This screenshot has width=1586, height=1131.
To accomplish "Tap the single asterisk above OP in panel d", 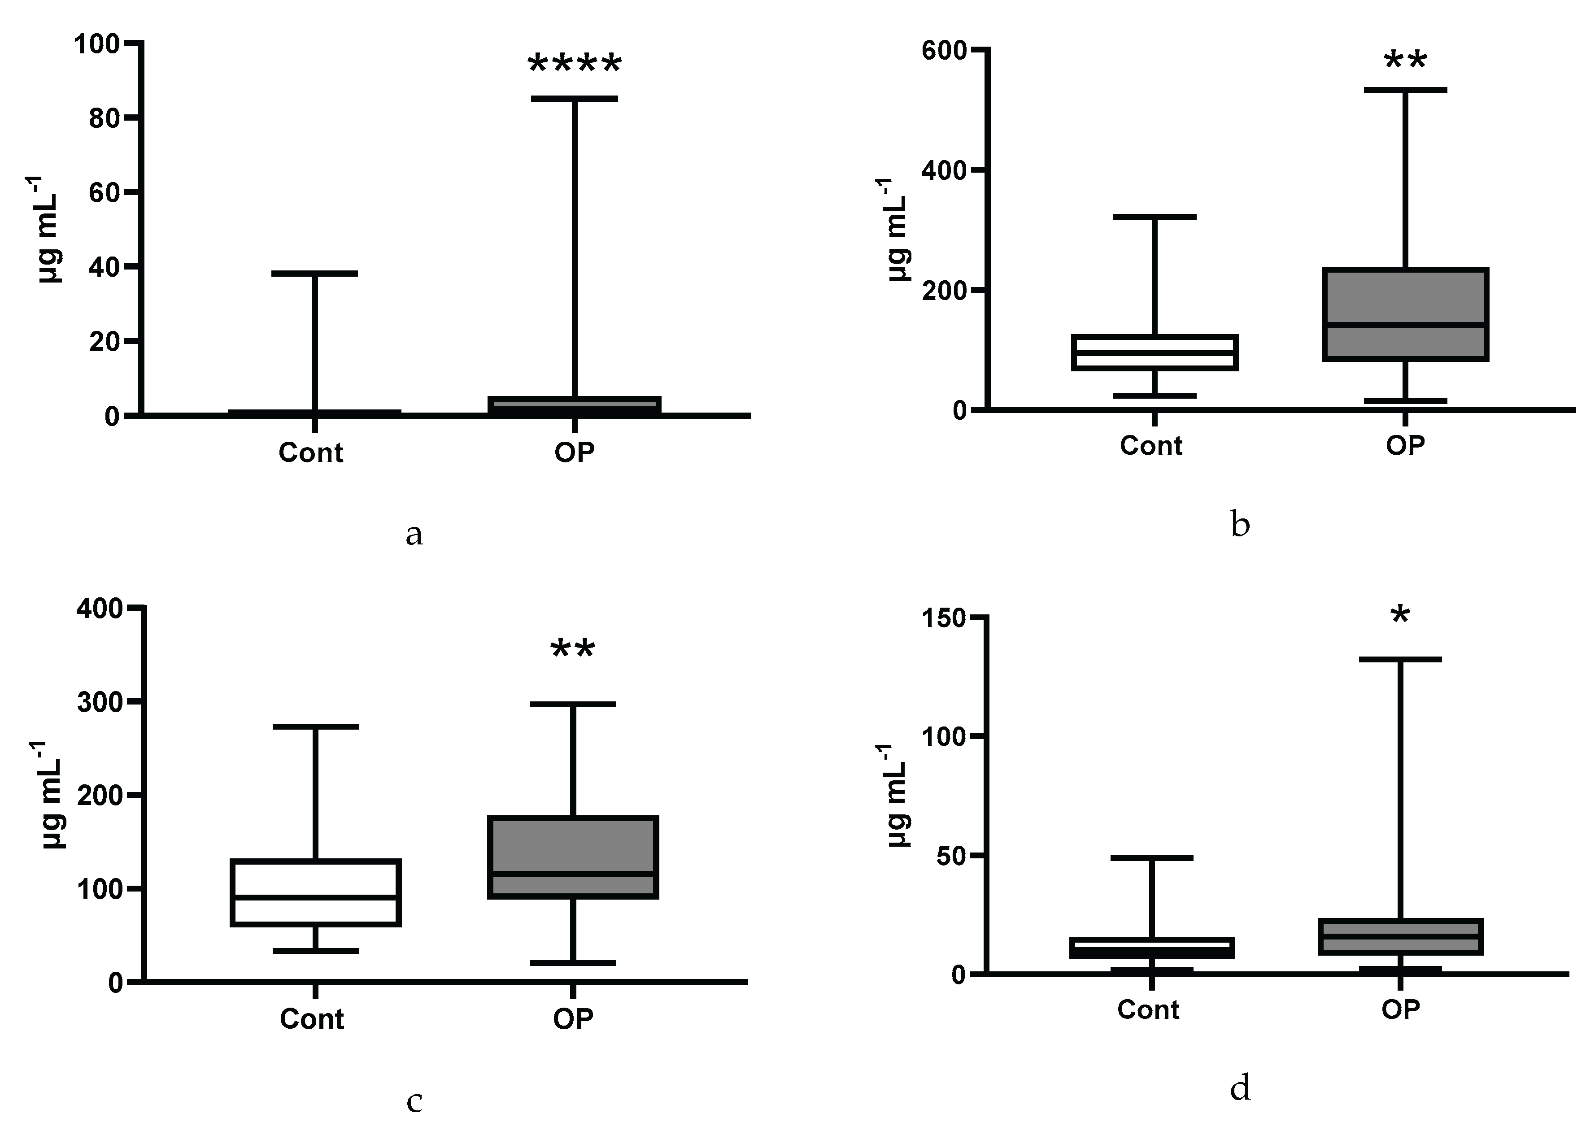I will (x=1399, y=616).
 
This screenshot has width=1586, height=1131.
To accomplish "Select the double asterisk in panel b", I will (x=1405, y=62).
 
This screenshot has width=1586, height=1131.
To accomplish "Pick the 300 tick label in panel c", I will (x=100, y=702).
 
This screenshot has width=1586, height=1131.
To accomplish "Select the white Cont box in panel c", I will (x=315, y=893).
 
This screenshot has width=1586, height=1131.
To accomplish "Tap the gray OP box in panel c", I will (x=573, y=857).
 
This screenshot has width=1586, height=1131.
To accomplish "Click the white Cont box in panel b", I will (x=1154, y=352).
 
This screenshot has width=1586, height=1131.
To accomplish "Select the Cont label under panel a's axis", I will (x=311, y=452).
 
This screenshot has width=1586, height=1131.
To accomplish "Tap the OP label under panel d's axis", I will (x=1400, y=1009).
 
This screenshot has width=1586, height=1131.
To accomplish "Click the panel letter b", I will (x=1240, y=524).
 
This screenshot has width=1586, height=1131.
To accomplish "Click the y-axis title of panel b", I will (x=898, y=230).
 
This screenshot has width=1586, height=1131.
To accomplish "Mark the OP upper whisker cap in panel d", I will (x=1399, y=659).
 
